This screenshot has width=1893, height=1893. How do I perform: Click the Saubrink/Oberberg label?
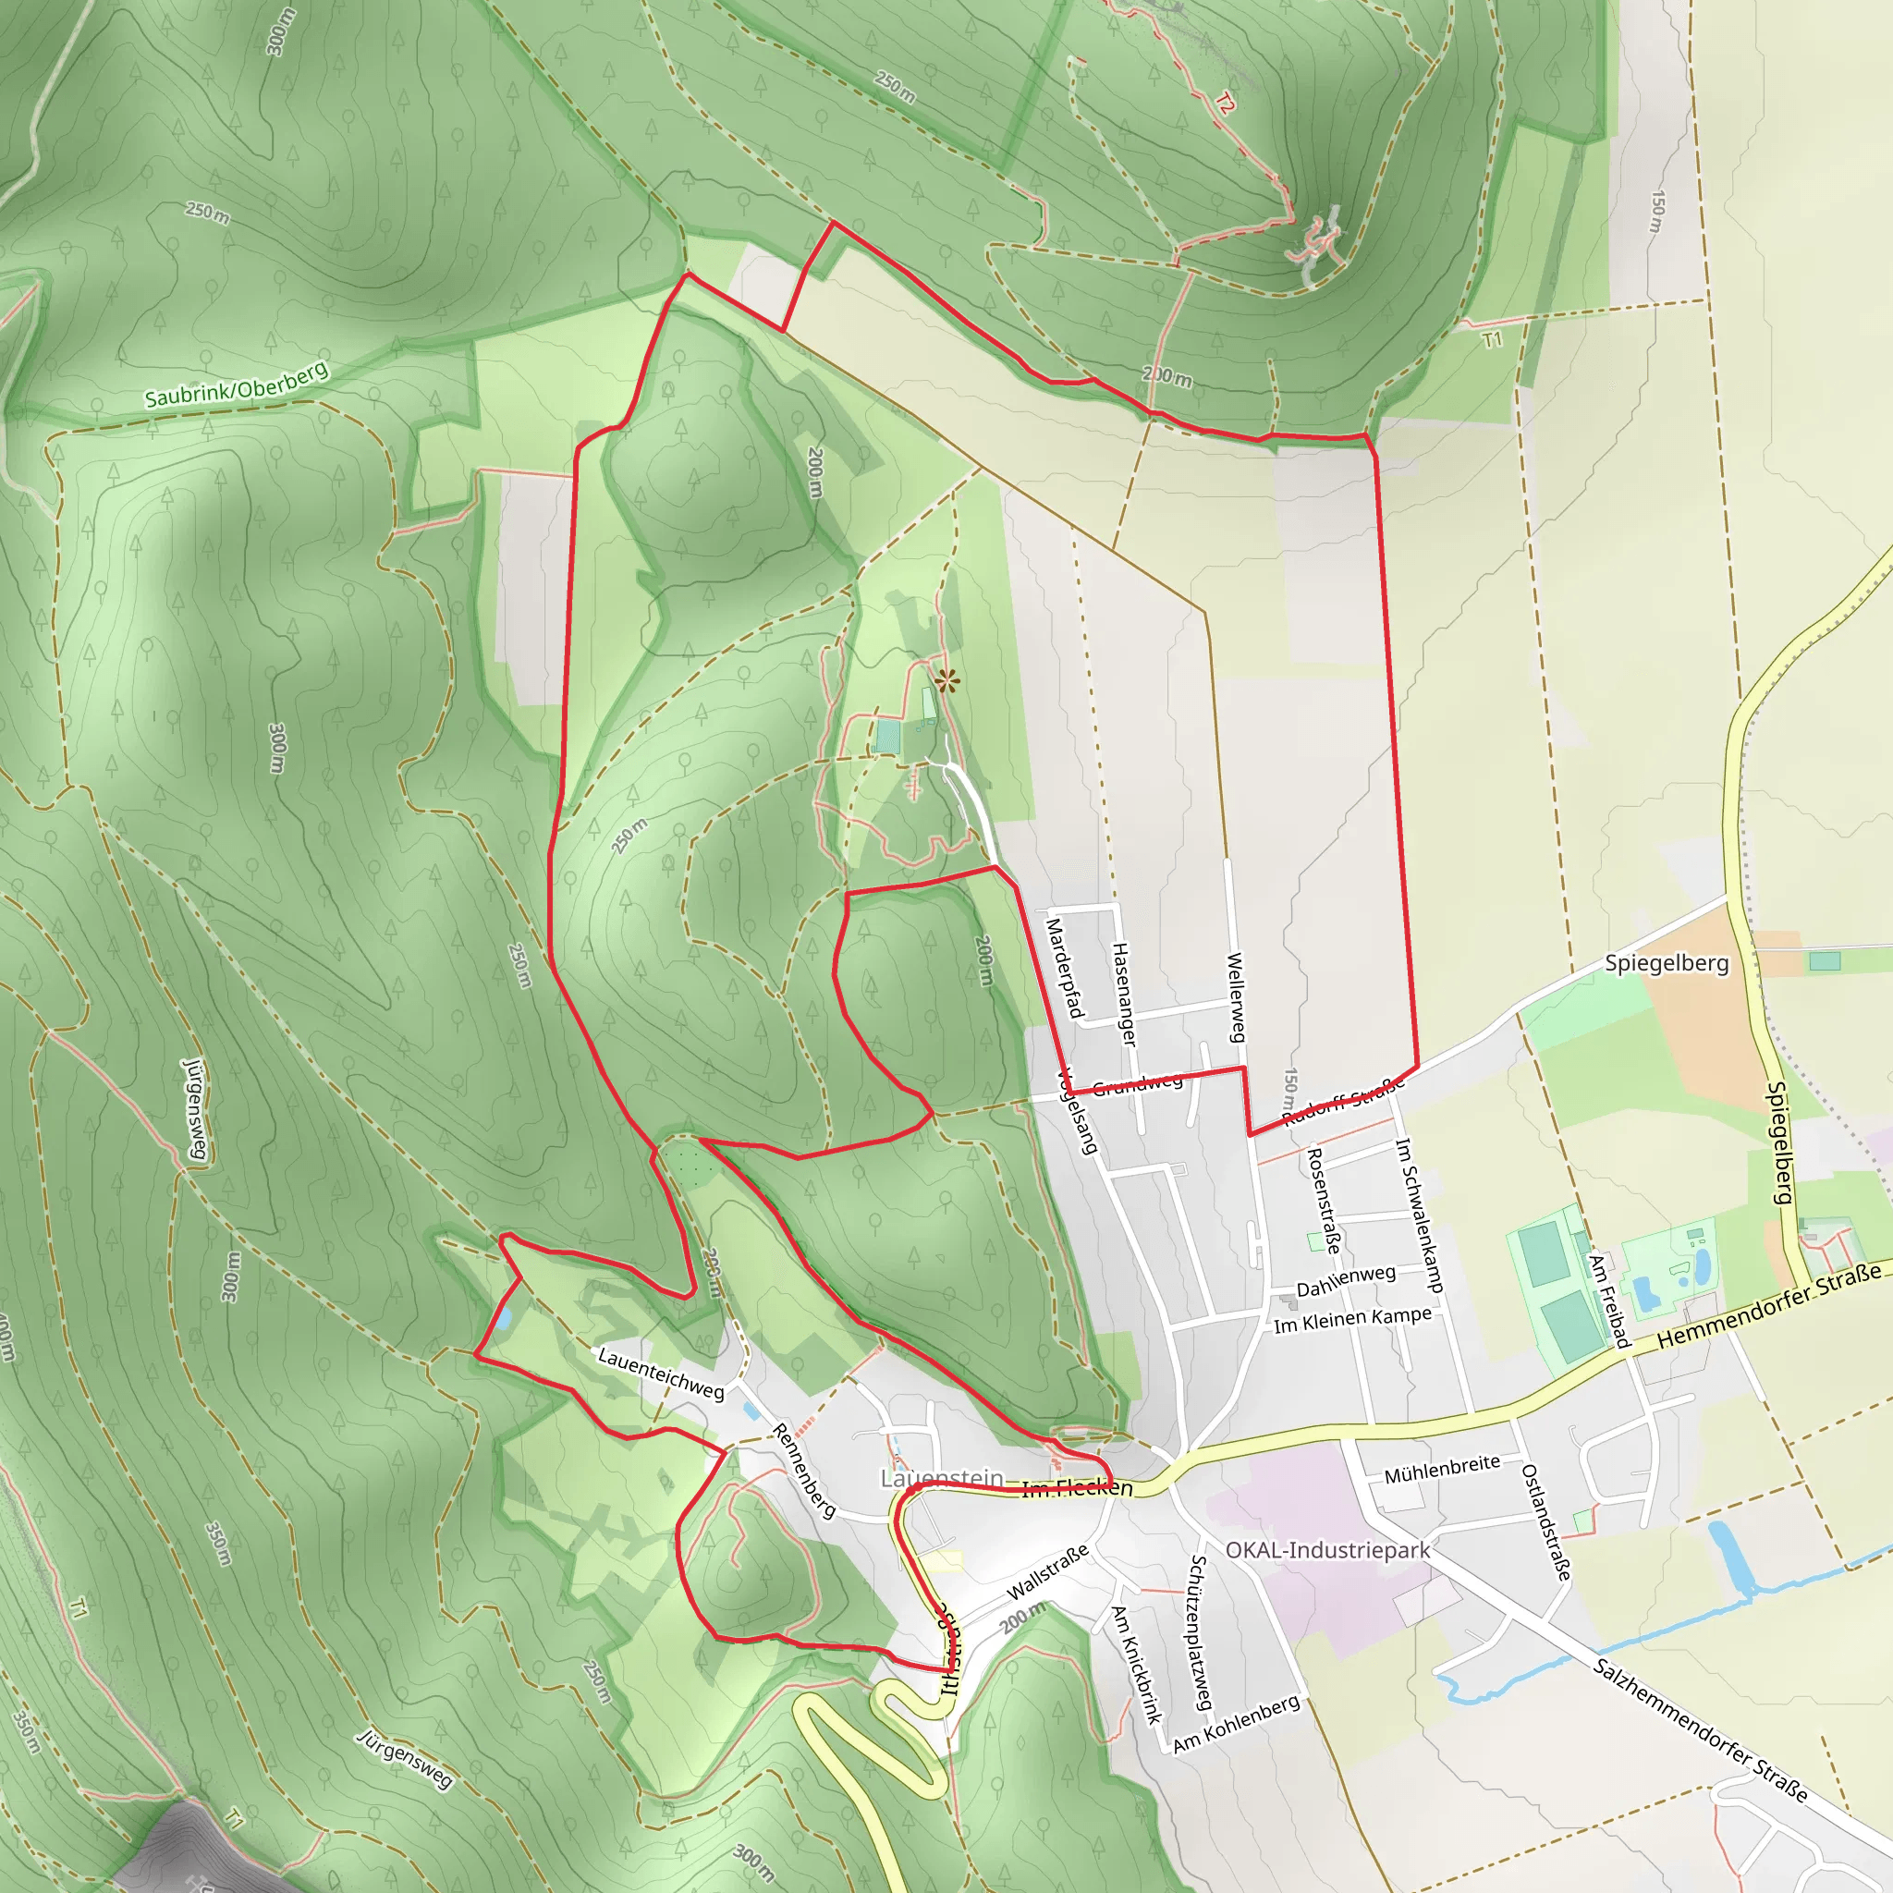click(x=236, y=385)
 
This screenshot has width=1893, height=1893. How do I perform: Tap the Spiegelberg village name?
click(x=1666, y=963)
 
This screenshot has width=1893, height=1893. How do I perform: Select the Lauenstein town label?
click(x=942, y=1478)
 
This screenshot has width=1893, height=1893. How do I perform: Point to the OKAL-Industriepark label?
click(x=1327, y=1550)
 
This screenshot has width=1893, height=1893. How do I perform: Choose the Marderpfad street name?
click(x=1064, y=968)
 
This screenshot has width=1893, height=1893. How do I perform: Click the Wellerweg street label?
click(x=1236, y=997)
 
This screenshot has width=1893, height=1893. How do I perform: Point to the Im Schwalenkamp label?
click(x=1420, y=1215)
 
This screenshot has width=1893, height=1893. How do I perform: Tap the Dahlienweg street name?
click(x=1345, y=1280)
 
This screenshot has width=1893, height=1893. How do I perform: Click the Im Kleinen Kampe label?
click(x=1352, y=1320)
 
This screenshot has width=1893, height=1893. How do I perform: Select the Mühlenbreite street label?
click(x=1441, y=1469)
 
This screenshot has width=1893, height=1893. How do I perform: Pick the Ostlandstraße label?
click(x=1546, y=1521)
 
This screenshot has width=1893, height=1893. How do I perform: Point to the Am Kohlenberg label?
click(x=1237, y=1724)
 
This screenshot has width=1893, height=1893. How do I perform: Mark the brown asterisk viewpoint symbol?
click(x=946, y=681)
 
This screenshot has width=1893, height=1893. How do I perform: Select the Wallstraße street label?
click(x=1047, y=1572)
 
